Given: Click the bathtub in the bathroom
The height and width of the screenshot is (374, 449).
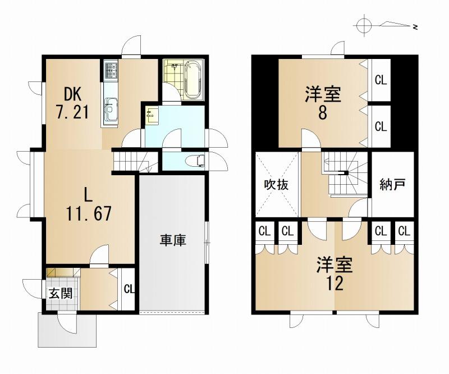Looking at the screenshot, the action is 194,80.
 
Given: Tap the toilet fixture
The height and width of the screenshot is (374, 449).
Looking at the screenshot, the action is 195,161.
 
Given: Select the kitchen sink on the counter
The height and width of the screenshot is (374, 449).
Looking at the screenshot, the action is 111,109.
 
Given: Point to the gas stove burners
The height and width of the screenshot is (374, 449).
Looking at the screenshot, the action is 111,70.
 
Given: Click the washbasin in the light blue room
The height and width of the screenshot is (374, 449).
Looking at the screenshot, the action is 150,115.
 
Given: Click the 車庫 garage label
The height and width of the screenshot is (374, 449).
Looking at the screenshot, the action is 173,240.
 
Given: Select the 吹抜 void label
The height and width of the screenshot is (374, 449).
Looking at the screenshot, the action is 276,185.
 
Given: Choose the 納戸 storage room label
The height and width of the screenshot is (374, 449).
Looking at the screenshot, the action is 392,185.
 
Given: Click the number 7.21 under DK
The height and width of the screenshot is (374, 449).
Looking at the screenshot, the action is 72,112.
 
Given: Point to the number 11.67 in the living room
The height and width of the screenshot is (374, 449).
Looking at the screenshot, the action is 89,213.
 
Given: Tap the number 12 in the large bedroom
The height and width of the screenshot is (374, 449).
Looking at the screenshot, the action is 335,284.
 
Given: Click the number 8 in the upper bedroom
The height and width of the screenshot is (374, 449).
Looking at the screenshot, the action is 322,113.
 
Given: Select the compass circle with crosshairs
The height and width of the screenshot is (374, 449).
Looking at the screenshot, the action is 364,26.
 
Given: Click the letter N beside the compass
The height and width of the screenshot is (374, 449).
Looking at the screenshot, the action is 415,27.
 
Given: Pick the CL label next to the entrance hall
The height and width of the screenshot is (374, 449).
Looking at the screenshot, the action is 129,289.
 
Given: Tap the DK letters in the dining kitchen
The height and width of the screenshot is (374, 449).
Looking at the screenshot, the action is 72,94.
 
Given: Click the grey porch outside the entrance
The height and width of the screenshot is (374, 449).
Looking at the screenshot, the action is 67,330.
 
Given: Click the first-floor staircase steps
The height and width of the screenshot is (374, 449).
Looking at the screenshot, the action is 135,162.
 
